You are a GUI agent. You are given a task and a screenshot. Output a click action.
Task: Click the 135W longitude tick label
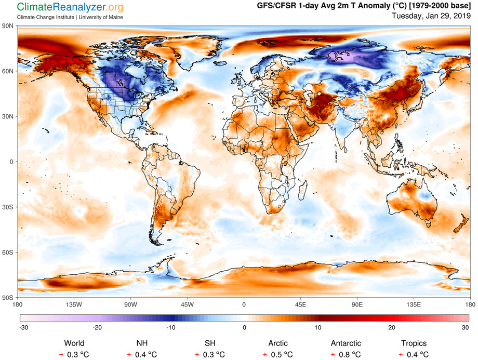(73, 304)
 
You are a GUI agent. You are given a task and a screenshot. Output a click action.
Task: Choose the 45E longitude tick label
(300, 304)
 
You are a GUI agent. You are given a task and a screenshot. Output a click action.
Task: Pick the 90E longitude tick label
(357, 304)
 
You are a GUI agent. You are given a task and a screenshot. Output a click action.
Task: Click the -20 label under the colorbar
(96, 327)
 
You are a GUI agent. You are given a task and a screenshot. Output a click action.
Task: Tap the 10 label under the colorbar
(318, 327)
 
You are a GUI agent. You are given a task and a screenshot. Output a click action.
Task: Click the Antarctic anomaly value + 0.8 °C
(347, 354)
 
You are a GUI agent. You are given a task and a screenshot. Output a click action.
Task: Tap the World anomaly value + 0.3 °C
(74, 354)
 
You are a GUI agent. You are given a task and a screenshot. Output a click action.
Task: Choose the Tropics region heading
(414, 343)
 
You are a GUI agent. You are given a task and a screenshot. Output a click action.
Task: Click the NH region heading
(142, 343)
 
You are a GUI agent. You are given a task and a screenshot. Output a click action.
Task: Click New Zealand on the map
(460, 224)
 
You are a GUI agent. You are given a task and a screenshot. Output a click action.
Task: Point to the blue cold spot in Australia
(426, 196)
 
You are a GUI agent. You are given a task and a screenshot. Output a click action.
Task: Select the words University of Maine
(105, 17)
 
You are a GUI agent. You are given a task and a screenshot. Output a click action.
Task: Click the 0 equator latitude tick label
(11, 162)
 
